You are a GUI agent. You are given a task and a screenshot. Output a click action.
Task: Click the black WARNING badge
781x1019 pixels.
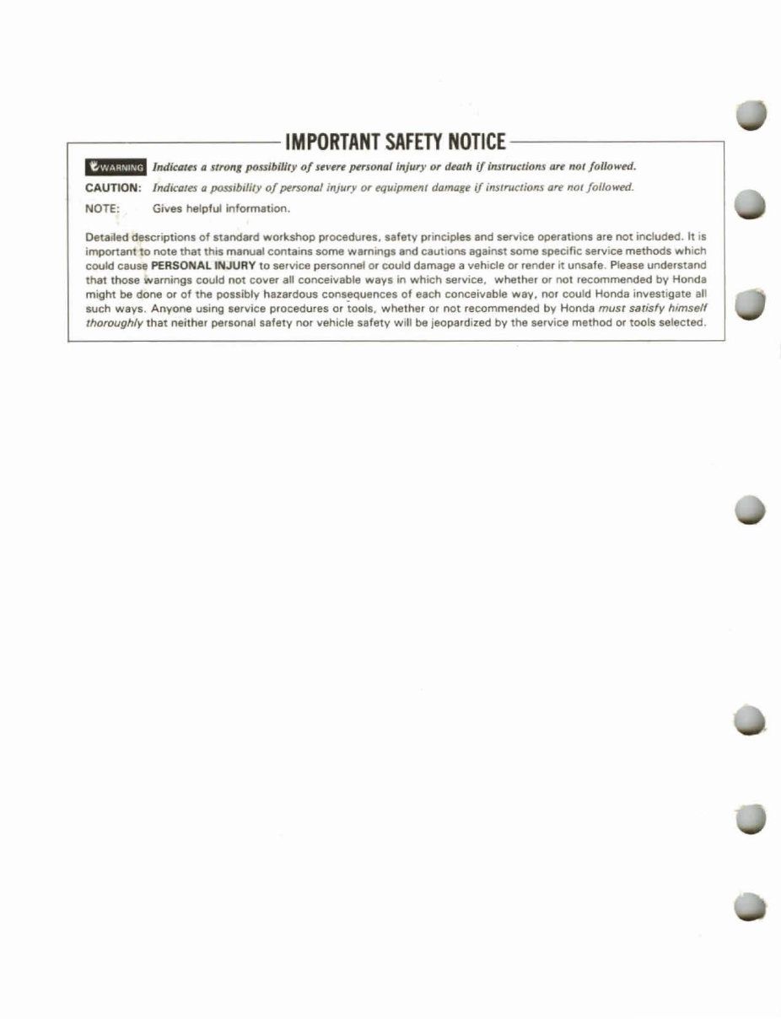[116, 166]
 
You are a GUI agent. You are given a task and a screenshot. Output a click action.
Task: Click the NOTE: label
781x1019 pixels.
[105, 208]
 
